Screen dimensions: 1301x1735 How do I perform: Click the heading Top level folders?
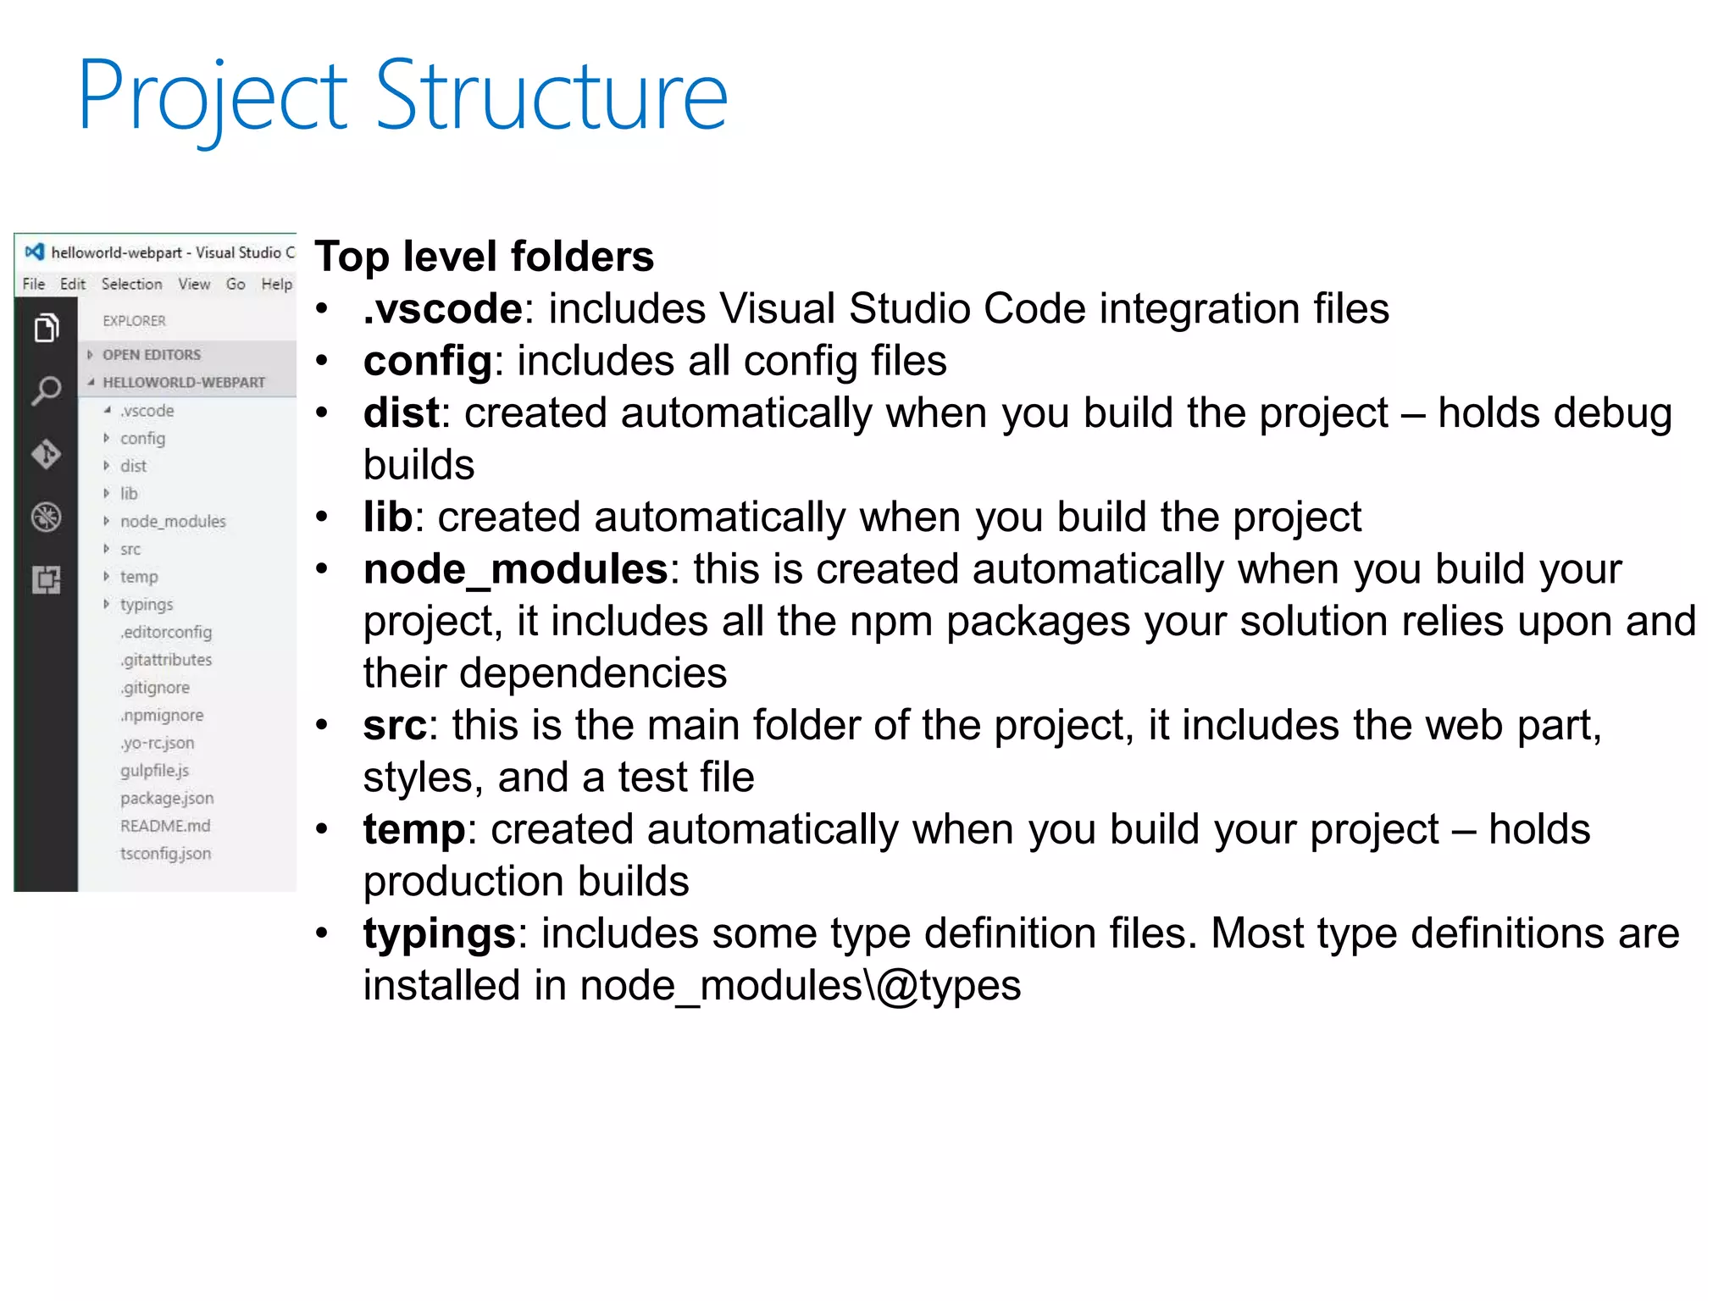(484, 257)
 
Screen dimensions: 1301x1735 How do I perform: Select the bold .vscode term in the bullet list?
(442, 309)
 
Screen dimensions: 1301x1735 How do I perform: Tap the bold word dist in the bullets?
(401, 413)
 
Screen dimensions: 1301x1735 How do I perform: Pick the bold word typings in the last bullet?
(439, 933)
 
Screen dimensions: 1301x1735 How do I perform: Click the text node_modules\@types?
(801, 986)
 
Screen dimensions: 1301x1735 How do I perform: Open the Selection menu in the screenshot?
(131, 284)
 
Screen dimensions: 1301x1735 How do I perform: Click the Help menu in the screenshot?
(276, 284)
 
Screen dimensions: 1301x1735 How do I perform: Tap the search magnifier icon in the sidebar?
(47, 390)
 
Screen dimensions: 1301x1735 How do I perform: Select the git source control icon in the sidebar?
(47, 454)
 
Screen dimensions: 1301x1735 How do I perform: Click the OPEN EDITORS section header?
(152, 355)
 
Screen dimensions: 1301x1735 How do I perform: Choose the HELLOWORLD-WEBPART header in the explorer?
(184, 383)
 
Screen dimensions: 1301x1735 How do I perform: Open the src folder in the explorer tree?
(130, 550)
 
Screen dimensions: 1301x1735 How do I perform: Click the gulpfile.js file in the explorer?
(154, 771)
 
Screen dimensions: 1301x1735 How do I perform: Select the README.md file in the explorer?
(165, 826)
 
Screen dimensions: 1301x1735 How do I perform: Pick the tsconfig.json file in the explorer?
(165, 854)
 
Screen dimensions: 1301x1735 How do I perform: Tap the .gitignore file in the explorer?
(155, 688)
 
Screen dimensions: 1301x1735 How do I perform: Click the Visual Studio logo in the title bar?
(35, 252)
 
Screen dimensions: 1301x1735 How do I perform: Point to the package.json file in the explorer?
(167, 799)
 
